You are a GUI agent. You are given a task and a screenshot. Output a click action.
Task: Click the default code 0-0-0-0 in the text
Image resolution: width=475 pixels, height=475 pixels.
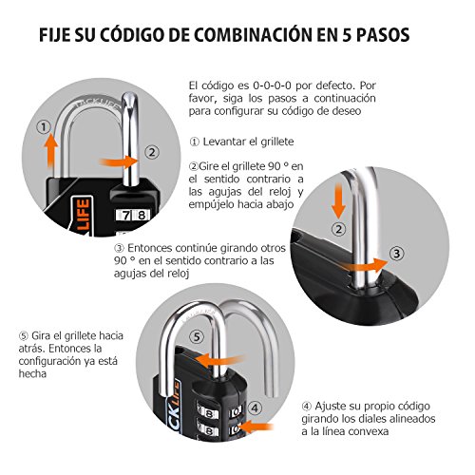[x=250, y=85]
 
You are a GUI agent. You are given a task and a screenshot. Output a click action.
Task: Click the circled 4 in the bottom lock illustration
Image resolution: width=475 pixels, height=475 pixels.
[x=256, y=411]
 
